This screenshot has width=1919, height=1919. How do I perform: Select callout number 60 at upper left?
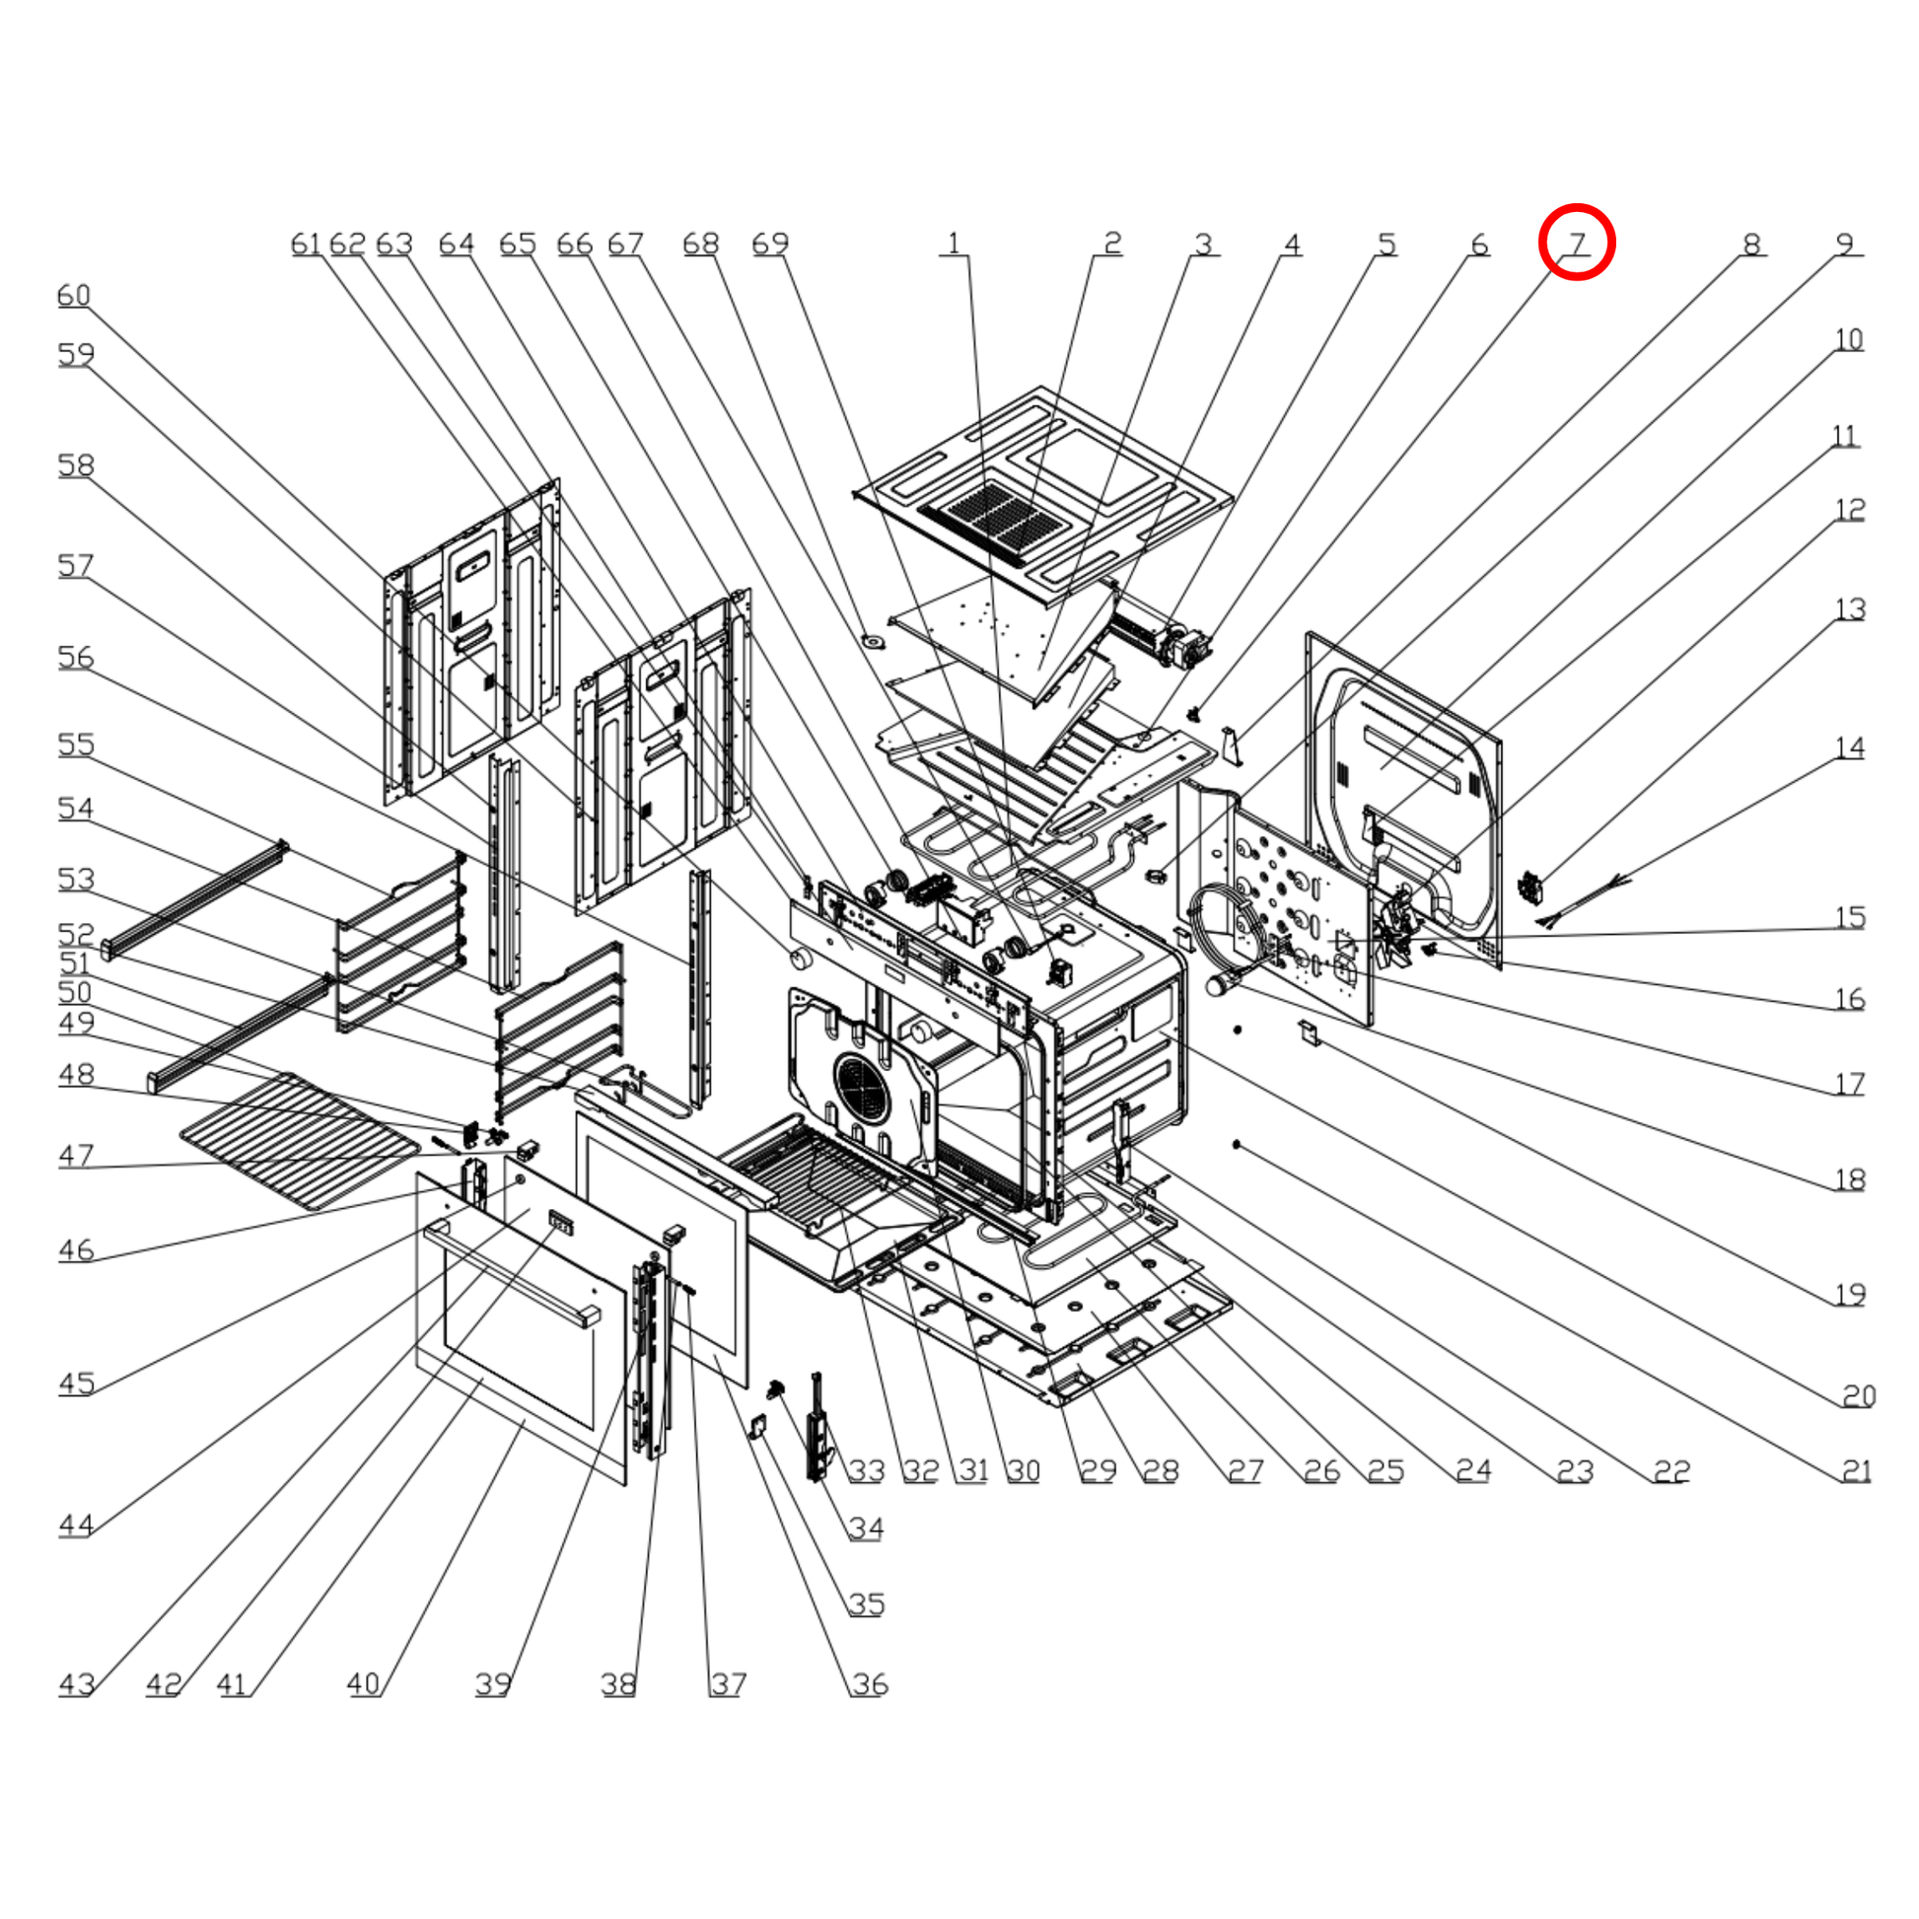pos(75,295)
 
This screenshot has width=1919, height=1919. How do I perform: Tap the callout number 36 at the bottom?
pos(869,1684)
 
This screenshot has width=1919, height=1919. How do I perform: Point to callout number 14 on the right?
pos(1849,746)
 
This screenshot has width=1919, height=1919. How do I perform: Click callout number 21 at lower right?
pos(1856,1471)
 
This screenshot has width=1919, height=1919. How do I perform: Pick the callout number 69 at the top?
pos(770,244)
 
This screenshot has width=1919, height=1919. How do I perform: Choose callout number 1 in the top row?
pos(954,244)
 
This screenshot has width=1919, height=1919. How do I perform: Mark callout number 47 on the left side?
pos(76,1155)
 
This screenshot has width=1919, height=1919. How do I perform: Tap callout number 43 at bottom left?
pos(77,1684)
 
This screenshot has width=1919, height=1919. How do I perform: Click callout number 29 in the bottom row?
pos(1099,1471)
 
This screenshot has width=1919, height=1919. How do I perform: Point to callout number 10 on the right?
pos(1848,339)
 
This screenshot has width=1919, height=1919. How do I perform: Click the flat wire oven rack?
pos(300,1140)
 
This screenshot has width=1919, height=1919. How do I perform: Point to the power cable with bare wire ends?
pos(1583,902)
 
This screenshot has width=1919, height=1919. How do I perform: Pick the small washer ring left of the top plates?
pos(874,641)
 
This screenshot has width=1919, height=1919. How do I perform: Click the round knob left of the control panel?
pos(800,959)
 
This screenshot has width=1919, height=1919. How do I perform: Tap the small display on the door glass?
pos(561,1222)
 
